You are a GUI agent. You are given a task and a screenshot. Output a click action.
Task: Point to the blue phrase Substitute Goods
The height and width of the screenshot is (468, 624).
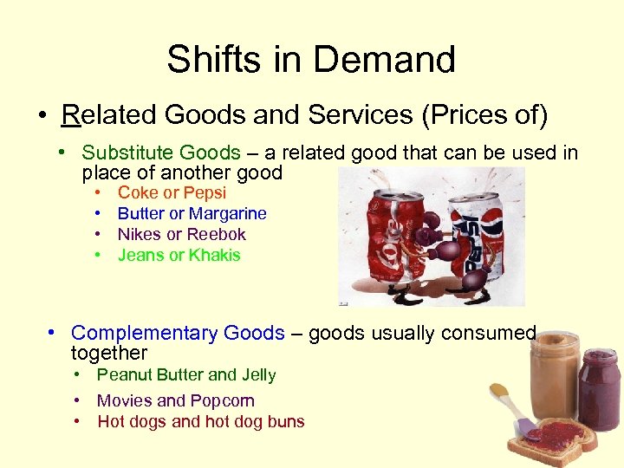pos(160,153)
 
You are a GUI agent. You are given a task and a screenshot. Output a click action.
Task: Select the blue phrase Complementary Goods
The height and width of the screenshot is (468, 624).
pos(178,333)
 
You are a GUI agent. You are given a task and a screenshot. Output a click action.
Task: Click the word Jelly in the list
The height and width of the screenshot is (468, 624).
pos(258,374)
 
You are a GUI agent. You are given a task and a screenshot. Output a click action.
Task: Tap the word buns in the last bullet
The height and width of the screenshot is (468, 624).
pos(286,422)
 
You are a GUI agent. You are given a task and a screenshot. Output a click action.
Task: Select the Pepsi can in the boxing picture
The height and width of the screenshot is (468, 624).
pos(468,225)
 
